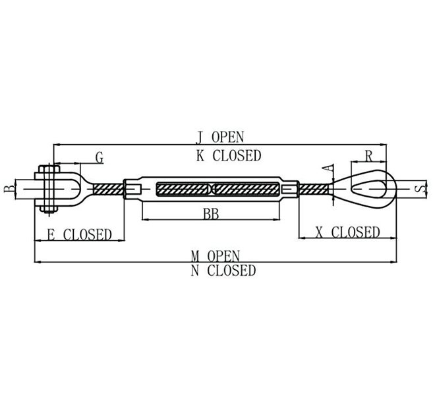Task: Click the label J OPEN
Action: [219, 137]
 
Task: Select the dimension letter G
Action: [99, 158]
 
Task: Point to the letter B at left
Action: [9, 190]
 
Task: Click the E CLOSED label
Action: [78, 234]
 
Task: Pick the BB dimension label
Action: [211, 214]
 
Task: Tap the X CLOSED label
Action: [347, 232]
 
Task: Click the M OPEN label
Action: [216, 255]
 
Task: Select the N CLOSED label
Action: [223, 270]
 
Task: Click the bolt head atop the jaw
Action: [48, 169]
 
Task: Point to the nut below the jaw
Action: [48, 211]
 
